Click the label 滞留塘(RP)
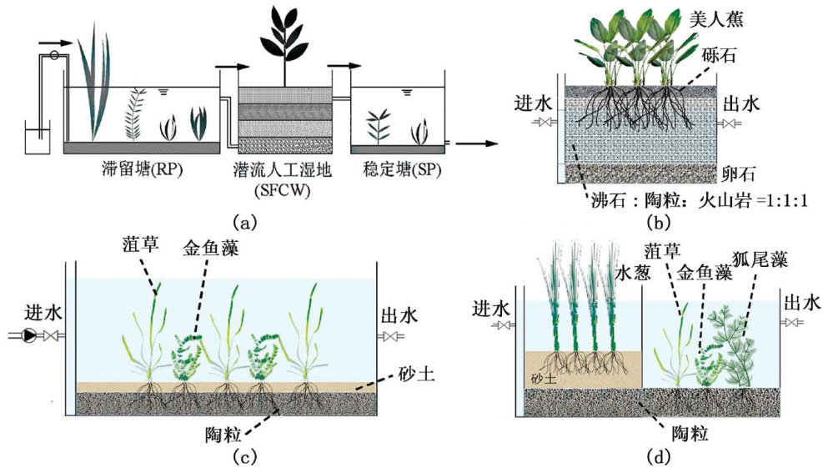point(141,170)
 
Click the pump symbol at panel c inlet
point(30,336)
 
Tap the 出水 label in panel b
point(744,103)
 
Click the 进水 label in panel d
point(490,308)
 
